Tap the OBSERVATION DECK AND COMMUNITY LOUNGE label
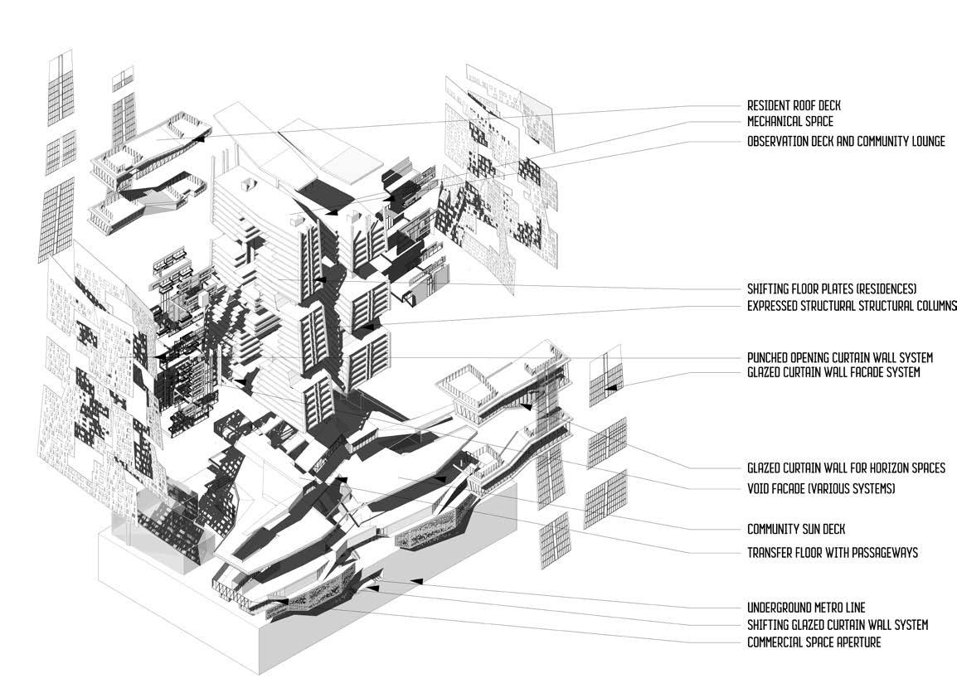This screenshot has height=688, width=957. (x=846, y=142)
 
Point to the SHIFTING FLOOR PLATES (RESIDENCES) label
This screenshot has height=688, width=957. (x=832, y=289)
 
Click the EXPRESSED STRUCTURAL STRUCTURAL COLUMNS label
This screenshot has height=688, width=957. (x=852, y=306)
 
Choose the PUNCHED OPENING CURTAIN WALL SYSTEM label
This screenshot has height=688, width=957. (x=840, y=357)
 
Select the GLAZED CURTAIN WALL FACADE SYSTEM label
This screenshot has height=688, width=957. (x=833, y=373)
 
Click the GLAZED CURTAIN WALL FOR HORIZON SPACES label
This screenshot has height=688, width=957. (x=846, y=468)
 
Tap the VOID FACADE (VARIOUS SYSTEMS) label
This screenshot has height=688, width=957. (x=821, y=489)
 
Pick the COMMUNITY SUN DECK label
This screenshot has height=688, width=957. (x=796, y=529)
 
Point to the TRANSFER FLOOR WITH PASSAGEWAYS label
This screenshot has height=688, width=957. (x=832, y=552)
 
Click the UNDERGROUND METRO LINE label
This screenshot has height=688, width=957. (x=806, y=608)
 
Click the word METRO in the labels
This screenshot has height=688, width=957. (x=829, y=608)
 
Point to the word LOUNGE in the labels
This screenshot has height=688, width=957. (x=921, y=142)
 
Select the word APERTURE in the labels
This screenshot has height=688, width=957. (x=856, y=642)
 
